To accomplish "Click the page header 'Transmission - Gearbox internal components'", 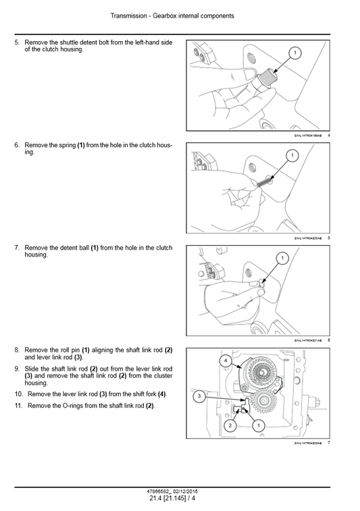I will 179,15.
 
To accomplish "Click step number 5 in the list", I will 17,43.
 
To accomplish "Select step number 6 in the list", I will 17,145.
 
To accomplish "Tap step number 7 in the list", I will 17,248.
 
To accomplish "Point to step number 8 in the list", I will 17,350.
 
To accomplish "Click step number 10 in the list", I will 18,394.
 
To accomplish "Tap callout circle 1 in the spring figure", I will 292,156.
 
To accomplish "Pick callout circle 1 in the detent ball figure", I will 283,258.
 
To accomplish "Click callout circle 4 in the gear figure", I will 224,361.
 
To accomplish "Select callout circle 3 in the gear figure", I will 199,397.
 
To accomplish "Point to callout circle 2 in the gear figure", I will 230,426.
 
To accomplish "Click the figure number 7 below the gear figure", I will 328,443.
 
